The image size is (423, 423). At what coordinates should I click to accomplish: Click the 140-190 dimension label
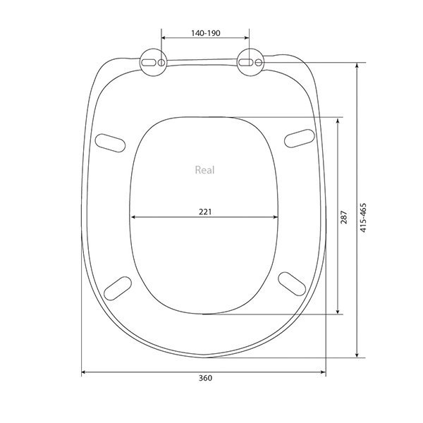[x=206, y=33]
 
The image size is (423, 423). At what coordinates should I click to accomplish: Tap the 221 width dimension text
[x=205, y=211]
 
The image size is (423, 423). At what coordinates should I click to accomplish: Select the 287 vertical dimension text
[x=344, y=217]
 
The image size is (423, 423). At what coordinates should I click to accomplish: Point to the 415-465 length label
[x=363, y=218]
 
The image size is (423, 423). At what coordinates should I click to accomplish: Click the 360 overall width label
[x=205, y=378]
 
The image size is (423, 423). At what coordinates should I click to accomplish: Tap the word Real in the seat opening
[x=204, y=170]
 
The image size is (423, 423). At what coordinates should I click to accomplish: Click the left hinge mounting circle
[x=153, y=62]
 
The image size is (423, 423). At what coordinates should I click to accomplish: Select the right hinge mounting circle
[x=250, y=62]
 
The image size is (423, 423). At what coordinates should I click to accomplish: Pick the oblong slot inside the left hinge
[x=149, y=63]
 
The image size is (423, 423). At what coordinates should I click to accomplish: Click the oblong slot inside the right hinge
[x=246, y=63]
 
